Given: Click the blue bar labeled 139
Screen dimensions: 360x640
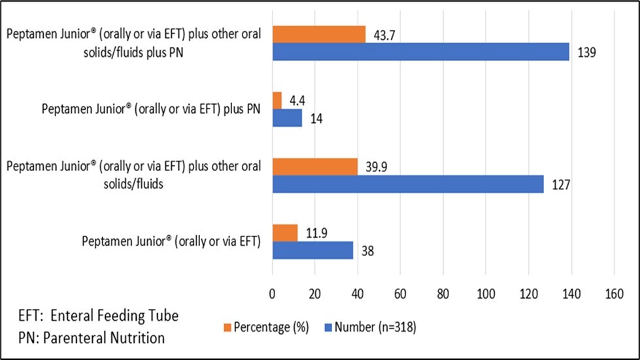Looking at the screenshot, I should [x=420, y=52].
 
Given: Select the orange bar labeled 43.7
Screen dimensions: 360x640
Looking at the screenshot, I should [x=318, y=35].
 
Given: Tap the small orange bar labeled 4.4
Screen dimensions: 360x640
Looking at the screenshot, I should [x=277, y=101].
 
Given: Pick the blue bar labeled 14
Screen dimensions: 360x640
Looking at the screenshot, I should [x=287, y=118].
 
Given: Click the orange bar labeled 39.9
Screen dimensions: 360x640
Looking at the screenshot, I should [x=314, y=167].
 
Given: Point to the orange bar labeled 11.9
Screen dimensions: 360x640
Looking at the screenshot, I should [x=284, y=233].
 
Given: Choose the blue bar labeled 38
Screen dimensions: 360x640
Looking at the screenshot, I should [x=312, y=250].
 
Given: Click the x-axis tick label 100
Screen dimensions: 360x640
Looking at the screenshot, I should [x=486, y=295].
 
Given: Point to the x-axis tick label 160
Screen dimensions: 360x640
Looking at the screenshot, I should [x=613, y=295].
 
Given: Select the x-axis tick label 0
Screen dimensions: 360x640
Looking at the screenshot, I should [x=273, y=295].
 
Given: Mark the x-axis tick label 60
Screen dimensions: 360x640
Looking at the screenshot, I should [x=400, y=295].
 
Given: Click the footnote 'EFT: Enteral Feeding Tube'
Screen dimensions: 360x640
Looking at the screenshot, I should [x=98, y=316].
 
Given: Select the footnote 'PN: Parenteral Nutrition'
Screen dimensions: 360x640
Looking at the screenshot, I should [x=91, y=338].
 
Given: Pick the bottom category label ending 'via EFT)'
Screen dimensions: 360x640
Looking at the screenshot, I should [x=171, y=241].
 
